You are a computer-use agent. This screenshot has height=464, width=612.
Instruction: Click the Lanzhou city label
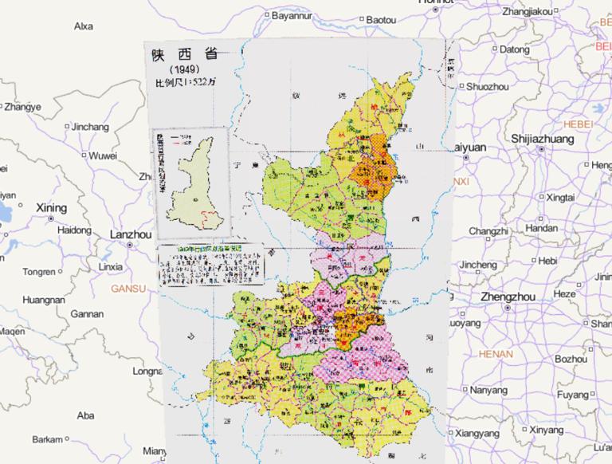pos(129,235)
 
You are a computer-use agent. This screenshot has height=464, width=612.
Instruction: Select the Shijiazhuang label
pos(543,139)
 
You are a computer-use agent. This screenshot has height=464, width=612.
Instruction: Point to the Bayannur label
pos(294,15)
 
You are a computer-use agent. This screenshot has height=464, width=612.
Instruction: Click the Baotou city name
pos(381,18)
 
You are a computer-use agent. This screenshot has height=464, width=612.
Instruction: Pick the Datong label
pos(514,49)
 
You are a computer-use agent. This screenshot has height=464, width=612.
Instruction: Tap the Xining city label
pos(51,207)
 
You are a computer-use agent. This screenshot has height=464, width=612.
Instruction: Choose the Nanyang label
pos(488,390)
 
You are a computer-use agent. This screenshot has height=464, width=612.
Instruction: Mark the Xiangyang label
pos(478,433)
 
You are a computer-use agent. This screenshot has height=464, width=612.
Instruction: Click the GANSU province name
pos(127,287)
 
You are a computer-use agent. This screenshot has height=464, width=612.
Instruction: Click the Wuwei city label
pos(103,155)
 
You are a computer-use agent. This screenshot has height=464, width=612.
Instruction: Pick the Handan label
pos(542,228)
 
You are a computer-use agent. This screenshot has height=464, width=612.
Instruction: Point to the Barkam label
pos(47,439)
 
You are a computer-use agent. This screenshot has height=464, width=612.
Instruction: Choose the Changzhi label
pos(488,231)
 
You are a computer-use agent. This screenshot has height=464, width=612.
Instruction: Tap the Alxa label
pos(83,26)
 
